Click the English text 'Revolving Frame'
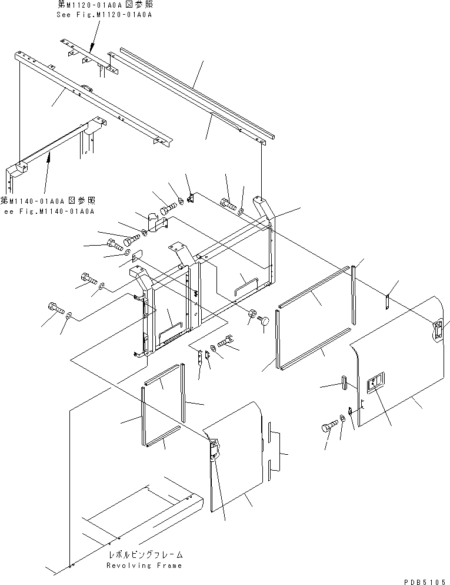click(x=144, y=565)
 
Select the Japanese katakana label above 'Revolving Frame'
click(x=145, y=554)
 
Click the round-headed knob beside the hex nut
click(x=264, y=321)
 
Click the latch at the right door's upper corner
click(x=438, y=330)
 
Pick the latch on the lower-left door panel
click(x=214, y=451)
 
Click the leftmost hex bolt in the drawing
click(x=54, y=309)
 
